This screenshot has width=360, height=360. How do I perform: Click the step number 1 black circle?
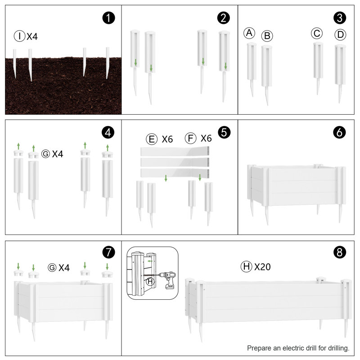pyautogui.click(x=108, y=18)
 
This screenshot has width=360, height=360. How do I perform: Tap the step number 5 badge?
pyautogui.click(x=224, y=132)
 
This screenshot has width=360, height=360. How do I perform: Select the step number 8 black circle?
pyautogui.click(x=340, y=252)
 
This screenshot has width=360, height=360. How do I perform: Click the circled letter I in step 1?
pyautogui.click(x=19, y=36)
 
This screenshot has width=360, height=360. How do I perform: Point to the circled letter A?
pyautogui.click(x=249, y=33)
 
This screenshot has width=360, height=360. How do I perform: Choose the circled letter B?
pyautogui.click(x=267, y=36)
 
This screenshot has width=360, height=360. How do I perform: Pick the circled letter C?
pyautogui.click(x=317, y=33)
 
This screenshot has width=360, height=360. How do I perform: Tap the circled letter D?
pyautogui.click(x=340, y=35)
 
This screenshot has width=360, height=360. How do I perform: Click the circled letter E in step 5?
pyautogui.click(x=152, y=139)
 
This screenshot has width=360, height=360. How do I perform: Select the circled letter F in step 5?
pyautogui.click(x=190, y=138)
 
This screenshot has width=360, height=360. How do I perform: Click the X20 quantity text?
pyautogui.click(x=262, y=267)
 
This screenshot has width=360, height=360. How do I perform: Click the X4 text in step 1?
pyautogui.click(x=32, y=36)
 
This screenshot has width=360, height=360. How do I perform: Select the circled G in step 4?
pyautogui.click(x=45, y=154)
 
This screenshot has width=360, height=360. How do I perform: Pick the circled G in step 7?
pyautogui.click(x=52, y=267)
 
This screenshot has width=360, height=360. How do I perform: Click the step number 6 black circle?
pyautogui.click(x=339, y=132)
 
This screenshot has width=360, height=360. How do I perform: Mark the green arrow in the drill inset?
pyautogui.click(x=150, y=261)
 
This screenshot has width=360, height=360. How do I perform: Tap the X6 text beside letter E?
pyautogui.click(x=167, y=139)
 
